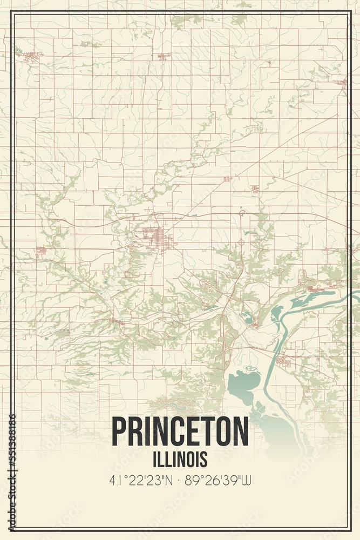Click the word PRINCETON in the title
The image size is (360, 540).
point(180,431)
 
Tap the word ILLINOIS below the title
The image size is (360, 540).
point(180,459)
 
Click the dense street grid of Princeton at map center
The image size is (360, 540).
point(157,237)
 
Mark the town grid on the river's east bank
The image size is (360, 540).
point(283,361)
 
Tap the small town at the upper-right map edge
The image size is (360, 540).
point(342,83)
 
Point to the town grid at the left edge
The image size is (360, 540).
point(41,251)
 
